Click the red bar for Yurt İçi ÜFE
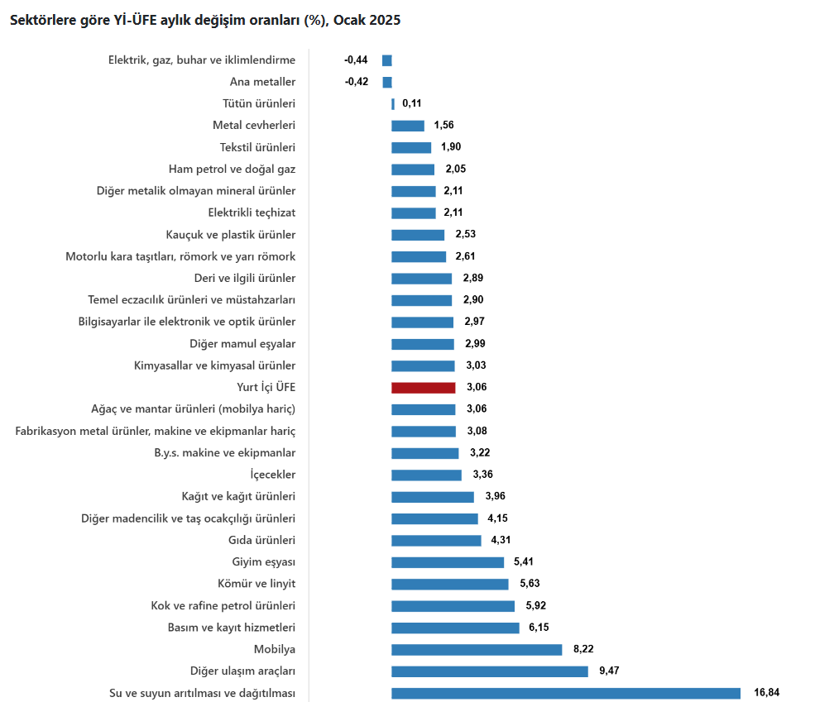click(423, 387)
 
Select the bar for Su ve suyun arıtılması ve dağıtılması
click(565, 693)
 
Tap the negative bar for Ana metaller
click(387, 82)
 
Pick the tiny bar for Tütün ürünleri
click(393, 103)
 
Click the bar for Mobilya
click(477, 649)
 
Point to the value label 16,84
click(767, 692)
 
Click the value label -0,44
click(356, 60)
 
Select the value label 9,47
click(608, 671)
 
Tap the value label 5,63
click(530, 583)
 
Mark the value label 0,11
click(412, 103)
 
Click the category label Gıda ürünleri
click(261, 540)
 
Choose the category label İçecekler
click(273, 475)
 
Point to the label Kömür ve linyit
click(257, 584)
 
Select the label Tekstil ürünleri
click(257, 147)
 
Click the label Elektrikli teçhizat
click(252, 213)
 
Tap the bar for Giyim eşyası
click(448, 562)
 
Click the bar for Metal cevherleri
click(408, 126)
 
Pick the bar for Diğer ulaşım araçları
click(490, 671)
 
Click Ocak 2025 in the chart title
click(367, 21)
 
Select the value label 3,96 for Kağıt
click(494, 496)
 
